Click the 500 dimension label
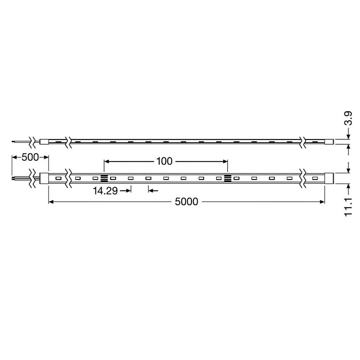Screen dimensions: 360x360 tap(30, 157)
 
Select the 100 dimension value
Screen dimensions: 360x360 tap(165, 161)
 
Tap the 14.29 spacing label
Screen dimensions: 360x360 tap(105, 191)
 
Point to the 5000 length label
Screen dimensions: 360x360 tap(186, 202)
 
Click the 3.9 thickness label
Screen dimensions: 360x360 tap(348, 118)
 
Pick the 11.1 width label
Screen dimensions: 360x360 tap(348, 207)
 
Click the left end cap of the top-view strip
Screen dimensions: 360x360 tap(44, 178)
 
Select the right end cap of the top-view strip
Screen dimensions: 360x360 tap(329, 178)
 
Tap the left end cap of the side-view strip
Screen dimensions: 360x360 tap(44, 141)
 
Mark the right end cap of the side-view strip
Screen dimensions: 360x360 tap(329, 141)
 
